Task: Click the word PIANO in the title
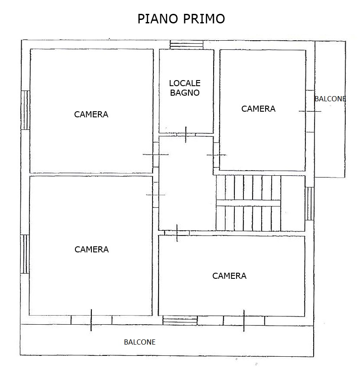pyautogui.click(x=156, y=19)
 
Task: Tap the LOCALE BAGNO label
pyautogui.click(x=185, y=87)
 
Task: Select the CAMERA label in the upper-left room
pyautogui.click(x=91, y=115)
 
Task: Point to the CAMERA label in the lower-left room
pyautogui.click(x=91, y=250)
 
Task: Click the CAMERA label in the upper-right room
pyautogui.click(x=258, y=109)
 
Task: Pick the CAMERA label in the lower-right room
pyautogui.click(x=229, y=276)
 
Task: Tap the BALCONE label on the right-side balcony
pyautogui.click(x=330, y=99)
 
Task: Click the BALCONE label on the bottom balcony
pyautogui.click(x=139, y=342)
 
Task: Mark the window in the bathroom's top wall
pyautogui.click(x=186, y=44)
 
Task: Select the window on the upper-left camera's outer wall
pyautogui.click(x=25, y=110)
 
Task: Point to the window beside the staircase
pyautogui.click(x=309, y=203)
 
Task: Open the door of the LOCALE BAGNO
pyautogui.click(x=186, y=135)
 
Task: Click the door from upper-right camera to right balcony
pyautogui.click(x=310, y=111)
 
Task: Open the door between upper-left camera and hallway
pyautogui.click(x=156, y=155)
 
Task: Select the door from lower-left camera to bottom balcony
pyautogui.click(x=91, y=320)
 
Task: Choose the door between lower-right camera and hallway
pyautogui.click(x=177, y=233)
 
